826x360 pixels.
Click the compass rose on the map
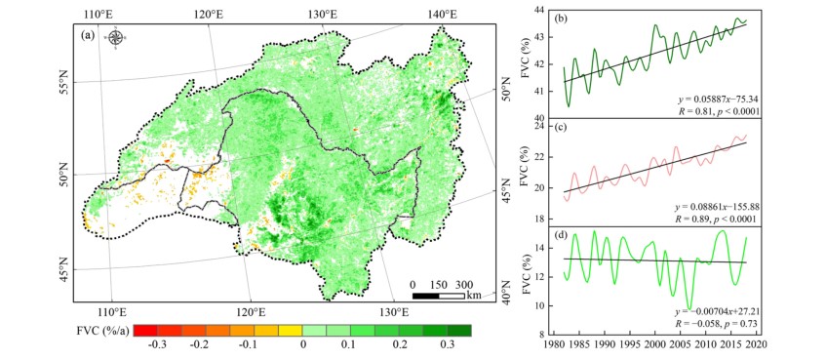[116, 37]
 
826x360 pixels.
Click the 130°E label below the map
[395, 311]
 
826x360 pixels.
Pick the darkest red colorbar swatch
[146, 331]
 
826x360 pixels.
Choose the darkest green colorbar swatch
[459, 331]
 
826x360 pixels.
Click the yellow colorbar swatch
[291, 331]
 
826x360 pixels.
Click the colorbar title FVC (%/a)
[102, 332]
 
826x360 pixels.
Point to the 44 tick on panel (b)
[539, 10]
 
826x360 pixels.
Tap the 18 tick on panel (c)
[539, 219]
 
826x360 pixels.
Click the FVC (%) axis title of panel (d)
[526, 280]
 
